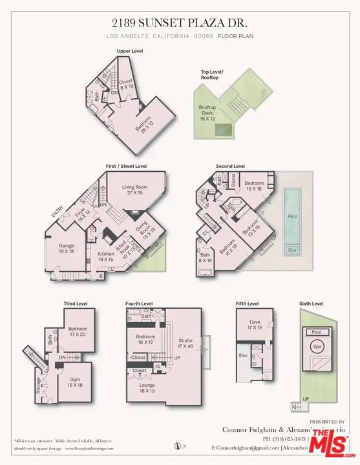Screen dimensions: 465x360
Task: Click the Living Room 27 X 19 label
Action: [136, 190]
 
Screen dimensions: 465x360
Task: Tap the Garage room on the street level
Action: [67, 249]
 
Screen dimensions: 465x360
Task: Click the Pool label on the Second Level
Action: [292, 217]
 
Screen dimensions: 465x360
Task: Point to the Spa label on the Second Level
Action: [292, 249]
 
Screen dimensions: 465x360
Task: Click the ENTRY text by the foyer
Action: [57, 216]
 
